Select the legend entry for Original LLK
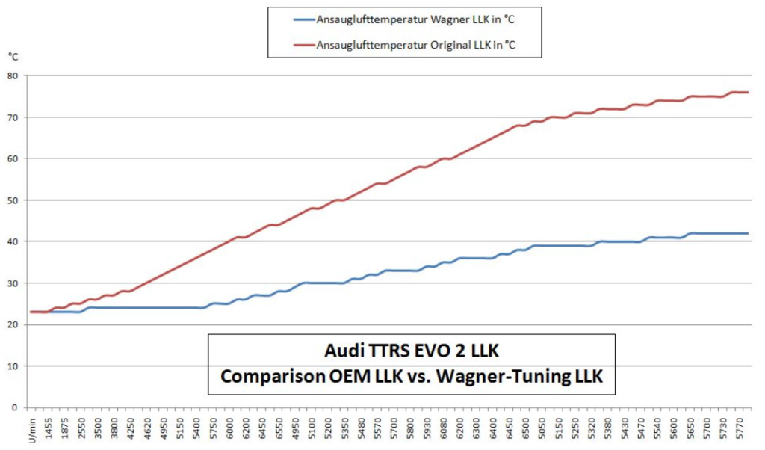click(416, 45)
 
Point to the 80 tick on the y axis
click(13, 75)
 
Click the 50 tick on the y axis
click(13, 200)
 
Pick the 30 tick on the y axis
click(13, 283)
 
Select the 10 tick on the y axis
click(13, 366)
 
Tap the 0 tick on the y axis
click(15, 408)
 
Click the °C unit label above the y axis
click(14, 57)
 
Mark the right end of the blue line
click(748, 233)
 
